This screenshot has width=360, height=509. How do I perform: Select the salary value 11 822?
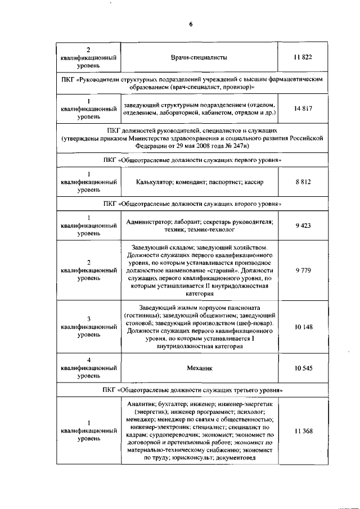(x=303, y=57)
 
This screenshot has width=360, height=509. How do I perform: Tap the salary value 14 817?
(x=303, y=109)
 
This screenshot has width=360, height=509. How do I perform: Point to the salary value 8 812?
(x=303, y=182)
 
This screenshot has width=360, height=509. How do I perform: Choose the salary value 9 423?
(x=303, y=226)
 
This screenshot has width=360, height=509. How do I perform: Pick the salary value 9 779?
(x=303, y=270)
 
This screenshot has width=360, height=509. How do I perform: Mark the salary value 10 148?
(x=303, y=327)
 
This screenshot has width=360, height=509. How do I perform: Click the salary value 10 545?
(x=303, y=368)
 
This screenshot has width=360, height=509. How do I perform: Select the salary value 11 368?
(x=303, y=431)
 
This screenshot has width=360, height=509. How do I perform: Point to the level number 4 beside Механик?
(x=89, y=360)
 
